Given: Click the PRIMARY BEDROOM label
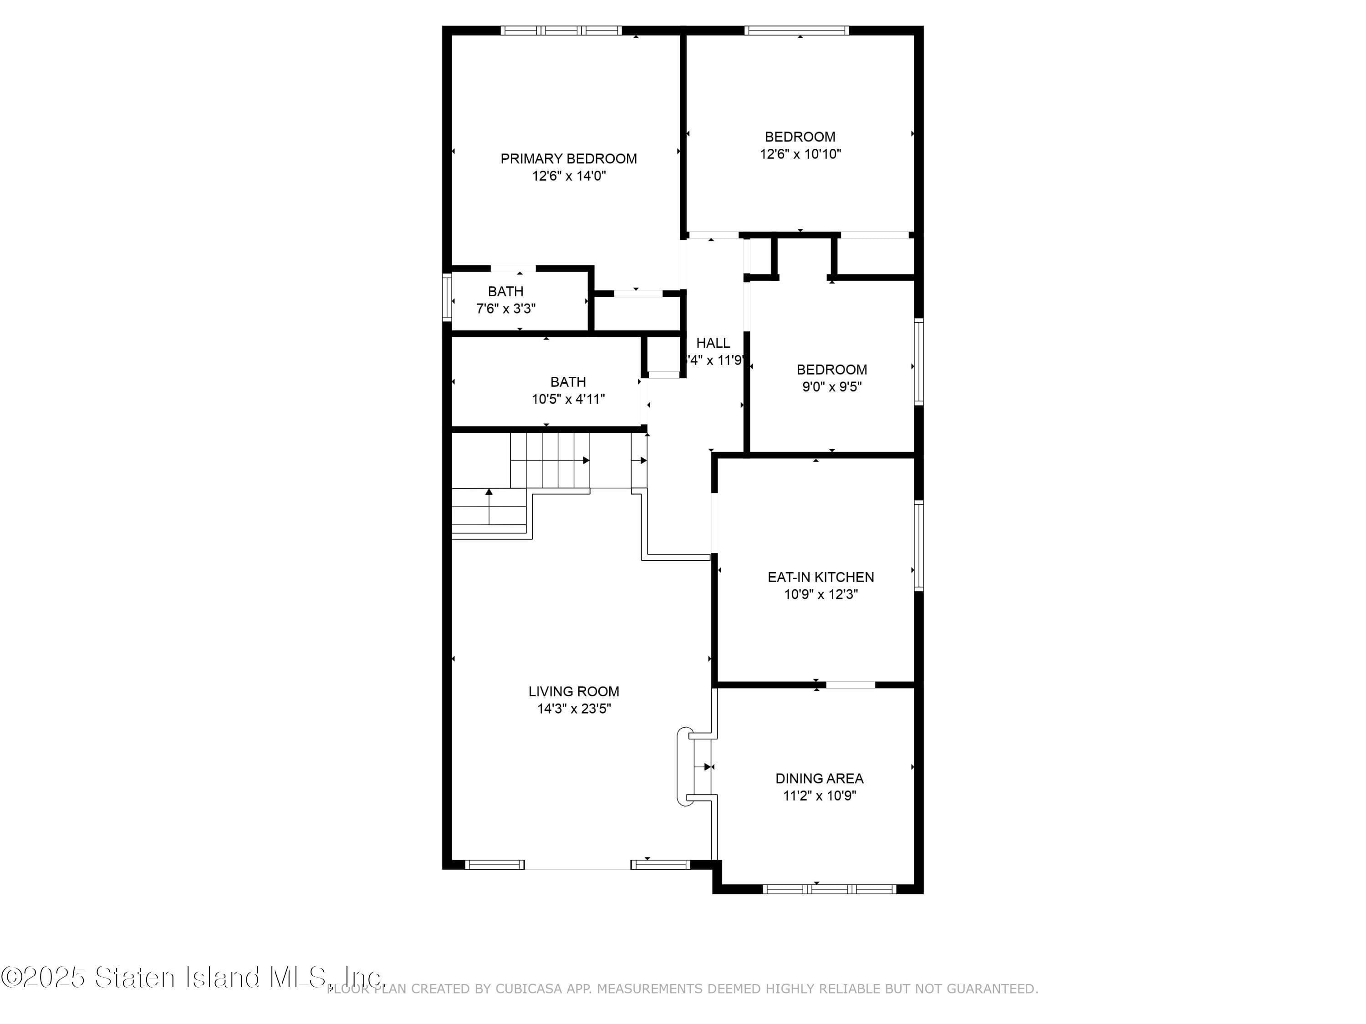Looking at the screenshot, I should (x=568, y=159).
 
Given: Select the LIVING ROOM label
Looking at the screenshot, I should (x=573, y=691).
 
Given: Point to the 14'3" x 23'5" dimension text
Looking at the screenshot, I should (x=574, y=709).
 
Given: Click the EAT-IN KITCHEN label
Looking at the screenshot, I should (x=820, y=577).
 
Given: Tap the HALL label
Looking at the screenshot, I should (x=713, y=343).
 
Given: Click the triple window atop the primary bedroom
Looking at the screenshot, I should (x=561, y=30).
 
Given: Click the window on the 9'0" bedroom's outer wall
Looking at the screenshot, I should (x=918, y=362).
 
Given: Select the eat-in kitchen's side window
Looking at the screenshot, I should (x=918, y=546).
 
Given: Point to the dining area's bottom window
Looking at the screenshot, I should (x=829, y=889).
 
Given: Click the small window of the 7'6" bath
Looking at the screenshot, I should (x=447, y=298).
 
